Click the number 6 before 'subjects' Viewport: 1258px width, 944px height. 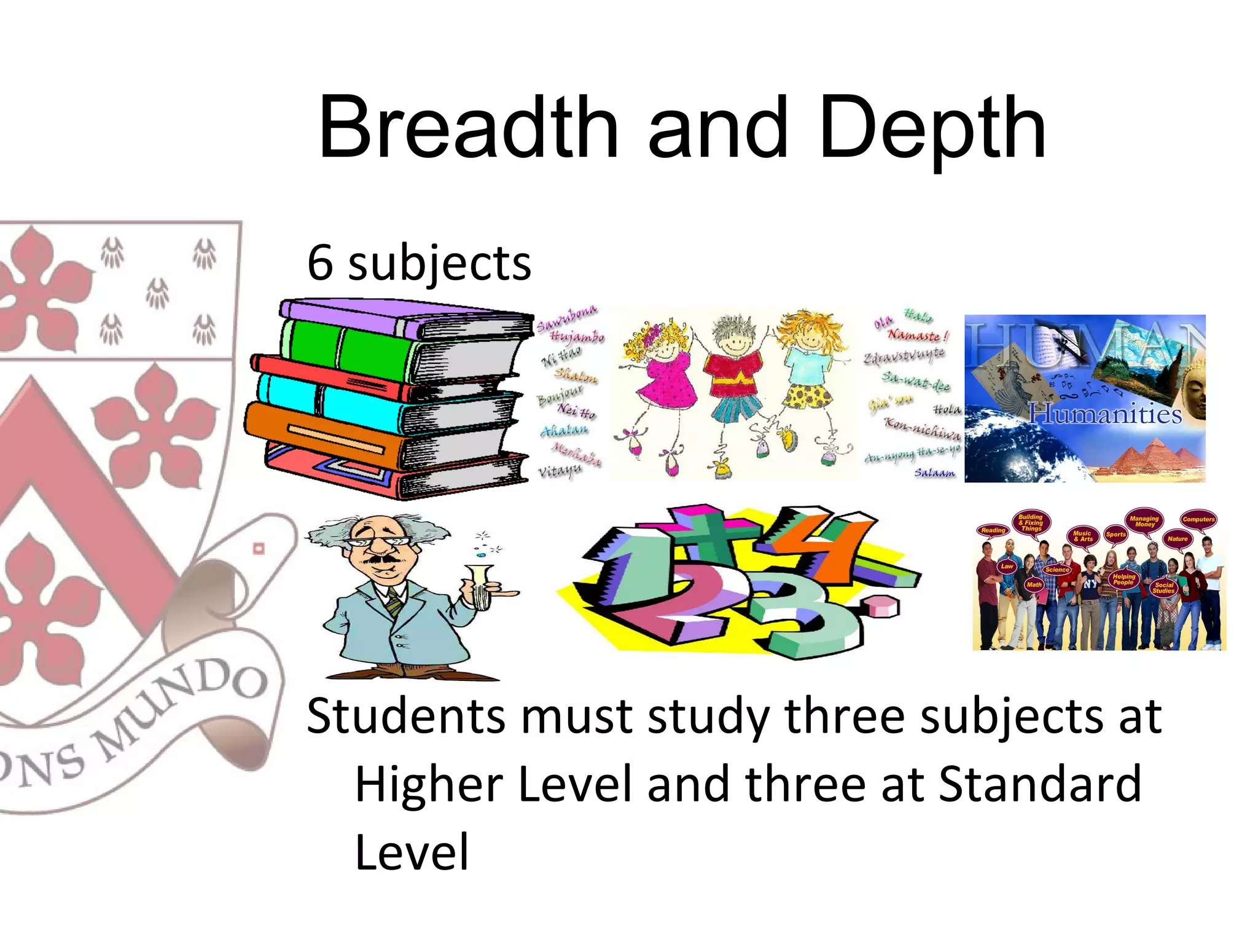coord(320,262)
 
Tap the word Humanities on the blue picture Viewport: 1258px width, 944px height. coord(1105,414)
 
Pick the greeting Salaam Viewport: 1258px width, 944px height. coord(934,473)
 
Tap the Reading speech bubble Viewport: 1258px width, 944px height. coord(993,530)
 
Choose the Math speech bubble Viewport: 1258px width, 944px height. coord(1034,584)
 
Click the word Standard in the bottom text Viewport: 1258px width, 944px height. coord(1039,785)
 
